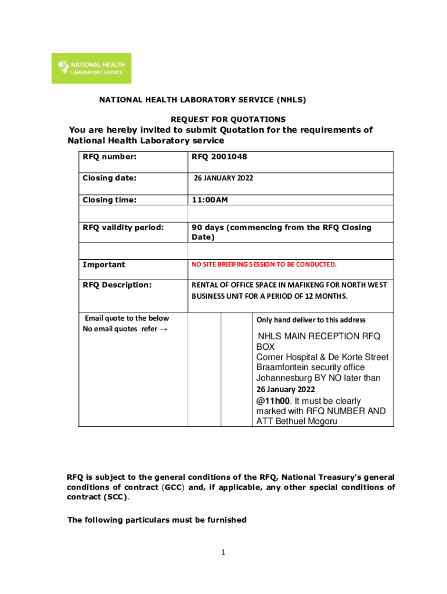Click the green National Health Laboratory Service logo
pos(91,68)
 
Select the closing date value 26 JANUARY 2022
pos(223,178)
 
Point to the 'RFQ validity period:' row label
pos(122,227)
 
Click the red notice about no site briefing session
pos(264,265)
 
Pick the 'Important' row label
pos(103,265)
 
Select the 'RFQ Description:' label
pos(117,285)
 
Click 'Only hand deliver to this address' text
pos(311,320)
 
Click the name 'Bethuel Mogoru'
pos(307,421)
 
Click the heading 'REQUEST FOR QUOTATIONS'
pos(228,119)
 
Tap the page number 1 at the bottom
pos(223,553)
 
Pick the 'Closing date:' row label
pos(110,178)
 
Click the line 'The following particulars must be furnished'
pos(157,520)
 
